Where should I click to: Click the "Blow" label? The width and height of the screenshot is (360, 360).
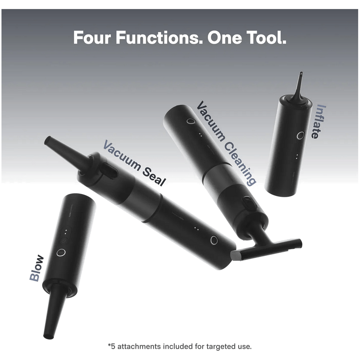(x=36, y=268)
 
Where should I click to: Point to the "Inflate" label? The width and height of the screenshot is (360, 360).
(x=319, y=121)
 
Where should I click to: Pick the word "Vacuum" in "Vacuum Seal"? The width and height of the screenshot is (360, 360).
(x=122, y=155)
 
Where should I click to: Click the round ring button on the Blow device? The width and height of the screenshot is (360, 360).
(x=61, y=252)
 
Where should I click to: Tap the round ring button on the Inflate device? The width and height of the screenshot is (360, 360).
(x=301, y=135)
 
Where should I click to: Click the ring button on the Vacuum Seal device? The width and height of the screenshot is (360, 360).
(x=214, y=240)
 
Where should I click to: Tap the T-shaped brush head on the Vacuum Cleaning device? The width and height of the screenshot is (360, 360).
(x=266, y=249)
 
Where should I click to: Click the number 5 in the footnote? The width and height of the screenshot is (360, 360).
(x=113, y=347)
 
